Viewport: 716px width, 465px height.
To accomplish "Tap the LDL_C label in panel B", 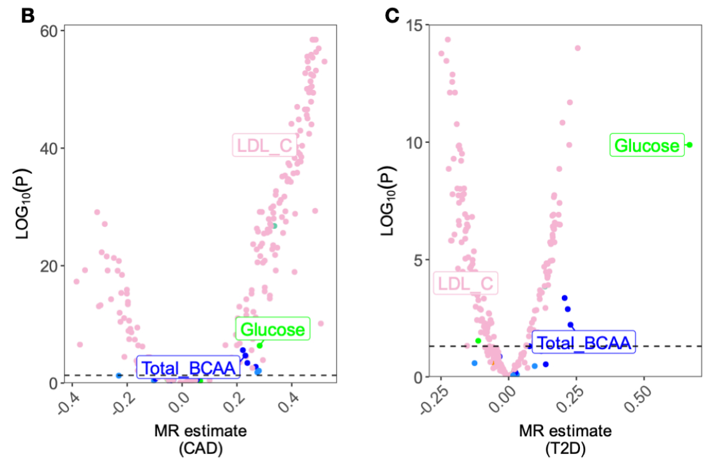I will click(x=263, y=145).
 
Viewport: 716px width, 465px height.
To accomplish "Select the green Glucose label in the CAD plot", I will click(x=273, y=328).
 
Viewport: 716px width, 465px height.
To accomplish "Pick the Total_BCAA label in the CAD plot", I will click(x=189, y=368).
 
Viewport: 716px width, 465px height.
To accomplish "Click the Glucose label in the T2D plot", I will click(x=647, y=145).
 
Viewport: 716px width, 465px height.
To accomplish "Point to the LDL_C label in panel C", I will click(x=466, y=284).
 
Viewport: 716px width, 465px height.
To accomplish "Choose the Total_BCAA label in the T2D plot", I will click(x=583, y=342).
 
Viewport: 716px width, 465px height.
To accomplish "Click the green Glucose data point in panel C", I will click(x=689, y=145).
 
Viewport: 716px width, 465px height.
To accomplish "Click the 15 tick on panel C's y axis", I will click(x=414, y=24).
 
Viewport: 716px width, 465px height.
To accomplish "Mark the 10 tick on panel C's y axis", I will click(x=414, y=142).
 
